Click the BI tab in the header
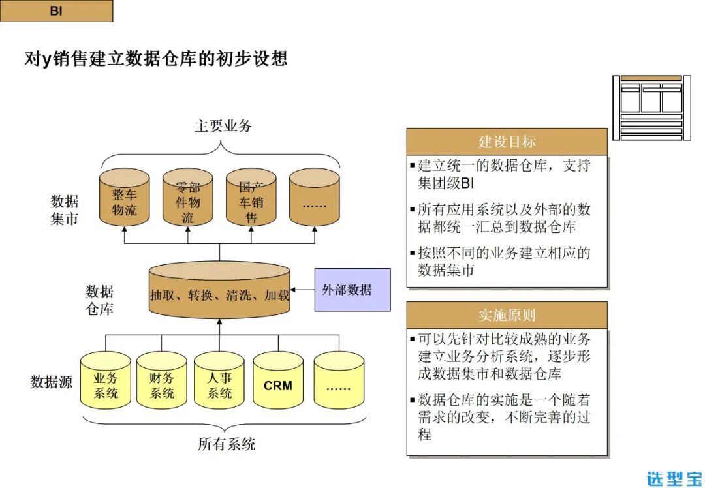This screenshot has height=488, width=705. point(56,11)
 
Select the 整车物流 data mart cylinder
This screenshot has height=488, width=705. point(124,198)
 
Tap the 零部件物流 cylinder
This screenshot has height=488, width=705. point(187,198)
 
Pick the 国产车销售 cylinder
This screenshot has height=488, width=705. point(251,198)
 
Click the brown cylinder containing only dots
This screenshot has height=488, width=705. point(314,198)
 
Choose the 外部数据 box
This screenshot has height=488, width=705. point(352,290)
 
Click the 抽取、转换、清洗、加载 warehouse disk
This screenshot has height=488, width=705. point(219,291)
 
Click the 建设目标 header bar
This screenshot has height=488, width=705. point(507,142)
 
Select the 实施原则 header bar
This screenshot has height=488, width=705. point(507,315)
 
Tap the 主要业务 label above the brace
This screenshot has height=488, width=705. point(223,126)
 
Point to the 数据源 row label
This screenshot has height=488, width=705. point(52,382)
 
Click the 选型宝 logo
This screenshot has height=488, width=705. point(674,478)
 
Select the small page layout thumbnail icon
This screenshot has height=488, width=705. point(651,107)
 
